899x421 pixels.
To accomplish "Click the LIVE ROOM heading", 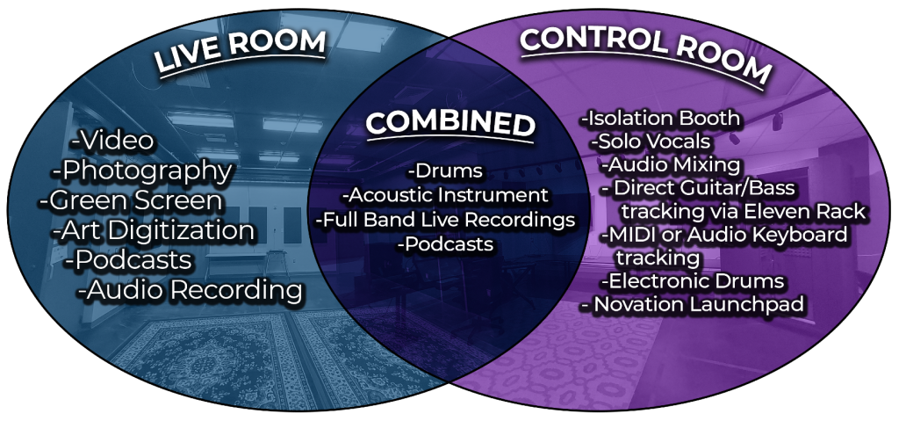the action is tap(241, 52).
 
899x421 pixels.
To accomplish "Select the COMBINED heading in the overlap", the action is tap(450, 122).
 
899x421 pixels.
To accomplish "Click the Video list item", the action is tap(112, 141).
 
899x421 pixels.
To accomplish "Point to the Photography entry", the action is tap(142, 171).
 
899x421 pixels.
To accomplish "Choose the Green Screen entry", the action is tap(131, 200).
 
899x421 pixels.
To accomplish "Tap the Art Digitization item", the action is tap(153, 231).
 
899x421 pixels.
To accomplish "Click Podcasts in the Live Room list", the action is tap(128, 260).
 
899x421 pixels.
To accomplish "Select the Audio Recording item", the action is tap(191, 290).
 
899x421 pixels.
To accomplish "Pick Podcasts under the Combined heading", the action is tap(446, 244).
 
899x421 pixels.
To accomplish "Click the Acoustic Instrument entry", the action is tap(445, 195).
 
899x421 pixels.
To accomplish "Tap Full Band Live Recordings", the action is tap(445, 220).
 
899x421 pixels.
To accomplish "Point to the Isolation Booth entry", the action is tap(660, 119).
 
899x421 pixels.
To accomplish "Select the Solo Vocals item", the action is tap(651, 142).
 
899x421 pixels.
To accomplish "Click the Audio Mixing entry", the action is tap(671, 165).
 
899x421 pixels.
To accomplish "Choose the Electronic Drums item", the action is tap(692, 281).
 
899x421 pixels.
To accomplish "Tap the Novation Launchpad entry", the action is tap(693, 304).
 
